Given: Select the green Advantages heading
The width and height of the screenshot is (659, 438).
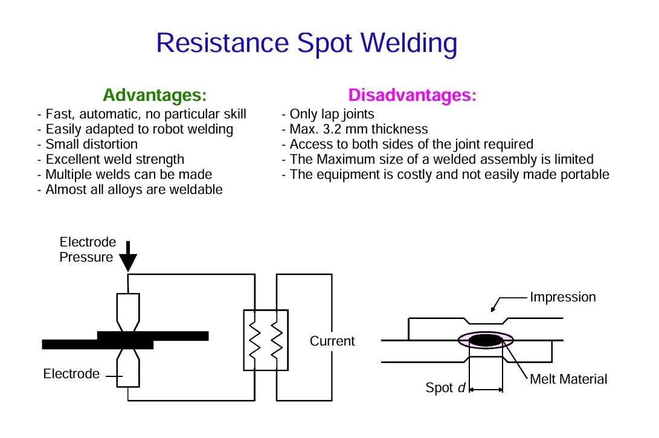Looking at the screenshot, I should pos(155,95).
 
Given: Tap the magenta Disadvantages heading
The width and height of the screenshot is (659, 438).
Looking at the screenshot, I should pos(412,95).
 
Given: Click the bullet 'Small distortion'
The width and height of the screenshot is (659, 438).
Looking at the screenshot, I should pos(91,144).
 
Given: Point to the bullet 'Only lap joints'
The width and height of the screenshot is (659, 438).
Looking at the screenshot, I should pos(332,114).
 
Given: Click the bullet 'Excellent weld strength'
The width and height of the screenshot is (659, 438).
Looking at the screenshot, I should pos(115,159).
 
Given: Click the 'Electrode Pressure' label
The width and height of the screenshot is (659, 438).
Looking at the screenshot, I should pos(87,250).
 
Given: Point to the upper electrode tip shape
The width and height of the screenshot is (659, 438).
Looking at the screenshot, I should pos(128,311).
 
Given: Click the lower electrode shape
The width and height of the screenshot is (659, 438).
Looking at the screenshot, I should pos(128,368).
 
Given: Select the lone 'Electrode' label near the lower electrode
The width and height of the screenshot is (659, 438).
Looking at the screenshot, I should pos(71,374).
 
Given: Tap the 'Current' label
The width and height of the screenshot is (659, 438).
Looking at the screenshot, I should pos(332,341).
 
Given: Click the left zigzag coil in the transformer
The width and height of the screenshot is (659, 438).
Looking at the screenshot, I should pos(255,340).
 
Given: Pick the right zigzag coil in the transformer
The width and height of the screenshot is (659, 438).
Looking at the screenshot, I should pos(277,340).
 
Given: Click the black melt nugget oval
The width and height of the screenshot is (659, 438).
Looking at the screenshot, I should pos(486,341).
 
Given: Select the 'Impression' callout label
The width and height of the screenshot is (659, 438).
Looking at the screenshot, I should pos(562,297).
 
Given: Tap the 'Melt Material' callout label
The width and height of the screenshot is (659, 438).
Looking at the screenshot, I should pos(568,379).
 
